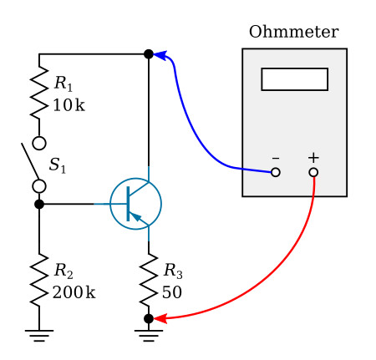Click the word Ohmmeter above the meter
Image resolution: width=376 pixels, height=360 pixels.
pyautogui.click(x=294, y=32)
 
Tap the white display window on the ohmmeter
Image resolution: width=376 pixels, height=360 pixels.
pyautogui.click(x=294, y=79)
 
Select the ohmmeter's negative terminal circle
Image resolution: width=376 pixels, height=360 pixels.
pyautogui.click(x=276, y=172)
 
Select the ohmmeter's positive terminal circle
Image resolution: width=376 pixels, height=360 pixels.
pyautogui.click(x=313, y=172)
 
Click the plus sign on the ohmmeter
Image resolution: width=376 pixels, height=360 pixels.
pyautogui.click(x=313, y=158)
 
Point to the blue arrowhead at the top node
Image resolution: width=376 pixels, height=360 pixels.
pyautogui.click(x=160, y=55)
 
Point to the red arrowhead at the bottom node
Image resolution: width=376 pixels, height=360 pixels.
pyautogui.click(x=160, y=318)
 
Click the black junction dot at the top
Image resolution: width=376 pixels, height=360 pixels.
pyautogui.click(x=149, y=54)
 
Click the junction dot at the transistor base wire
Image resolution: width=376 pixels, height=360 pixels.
pyautogui.click(x=39, y=204)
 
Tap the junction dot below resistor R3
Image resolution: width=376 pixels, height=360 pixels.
pyautogui.click(x=149, y=318)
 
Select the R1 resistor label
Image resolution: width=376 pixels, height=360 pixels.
pyautogui.click(x=64, y=84)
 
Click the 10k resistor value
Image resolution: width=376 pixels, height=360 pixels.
pyautogui.click(x=69, y=105)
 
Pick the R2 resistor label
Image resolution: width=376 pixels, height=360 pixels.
pyautogui.click(x=64, y=271)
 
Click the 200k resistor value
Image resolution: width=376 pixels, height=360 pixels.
pyautogui.click(x=74, y=292)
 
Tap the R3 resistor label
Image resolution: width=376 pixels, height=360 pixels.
pyautogui.click(x=173, y=271)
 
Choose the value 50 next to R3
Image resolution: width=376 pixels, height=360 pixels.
pyautogui.click(x=172, y=292)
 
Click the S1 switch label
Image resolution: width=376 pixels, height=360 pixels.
pyautogui.click(x=58, y=165)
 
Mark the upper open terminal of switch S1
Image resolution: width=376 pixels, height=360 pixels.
pyautogui.click(x=39, y=143)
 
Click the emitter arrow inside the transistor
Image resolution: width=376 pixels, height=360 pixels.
pyautogui.click(x=136, y=216)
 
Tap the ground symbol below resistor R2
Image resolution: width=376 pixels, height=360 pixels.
pyautogui.click(x=39, y=336)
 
